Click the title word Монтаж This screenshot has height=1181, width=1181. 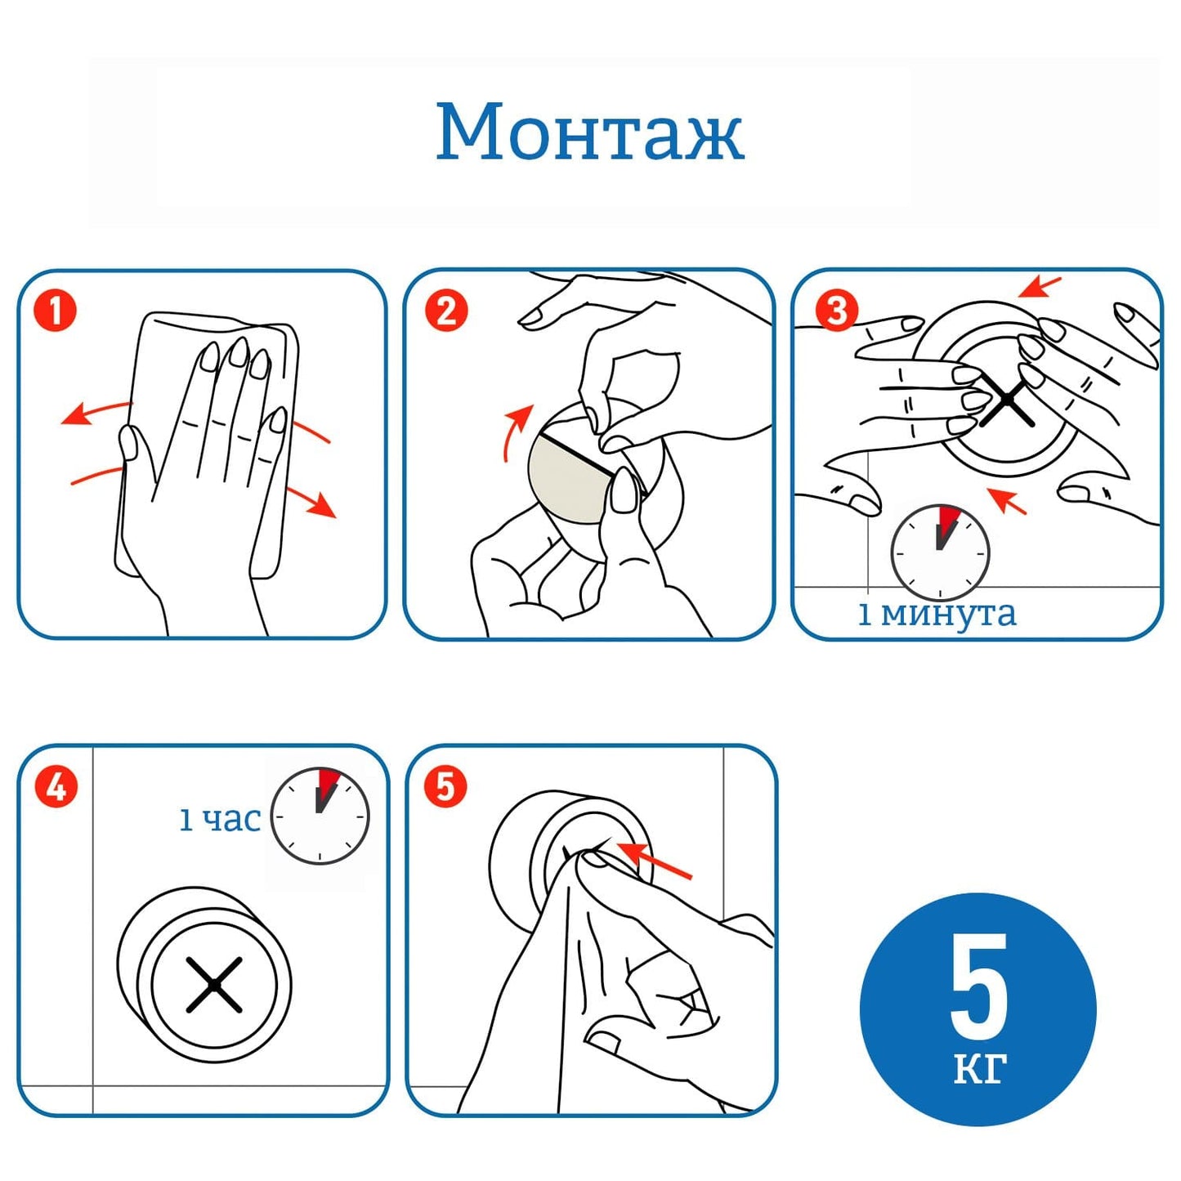pos(589,132)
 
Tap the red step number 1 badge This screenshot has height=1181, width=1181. pos(55,311)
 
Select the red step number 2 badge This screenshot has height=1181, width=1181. pos(445,311)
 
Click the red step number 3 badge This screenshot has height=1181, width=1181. pos(837,311)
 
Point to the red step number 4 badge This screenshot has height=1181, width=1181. pos(56,786)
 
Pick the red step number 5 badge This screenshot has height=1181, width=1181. pos(445,786)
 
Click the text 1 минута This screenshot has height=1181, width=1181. pos(937,614)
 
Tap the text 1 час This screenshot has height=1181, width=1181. pos(219,820)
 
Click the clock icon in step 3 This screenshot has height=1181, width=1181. pos(940,552)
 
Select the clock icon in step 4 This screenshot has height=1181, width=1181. pos(320,816)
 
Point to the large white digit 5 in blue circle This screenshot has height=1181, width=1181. pos(979,986)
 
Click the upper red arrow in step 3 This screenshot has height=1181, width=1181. pos(1040,286)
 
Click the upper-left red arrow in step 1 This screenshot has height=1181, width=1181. pos(96,412)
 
